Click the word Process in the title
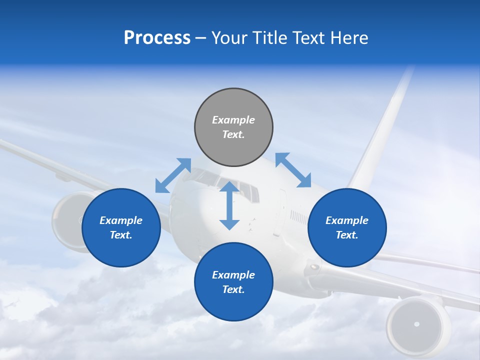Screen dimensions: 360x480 [157, 38]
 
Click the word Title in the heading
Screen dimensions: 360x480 [268, 38]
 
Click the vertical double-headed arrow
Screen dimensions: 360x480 [229, 205]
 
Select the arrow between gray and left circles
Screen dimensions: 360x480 [173, 175]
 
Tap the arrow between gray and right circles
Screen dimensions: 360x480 [293, 170]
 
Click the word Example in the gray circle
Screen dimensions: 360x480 [233, 120]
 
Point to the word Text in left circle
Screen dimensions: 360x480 [120, 235]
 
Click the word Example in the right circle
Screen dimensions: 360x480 [347, 220]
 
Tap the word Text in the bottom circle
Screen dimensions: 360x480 [232, 289]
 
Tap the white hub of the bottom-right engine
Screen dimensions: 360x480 [416, 324]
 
